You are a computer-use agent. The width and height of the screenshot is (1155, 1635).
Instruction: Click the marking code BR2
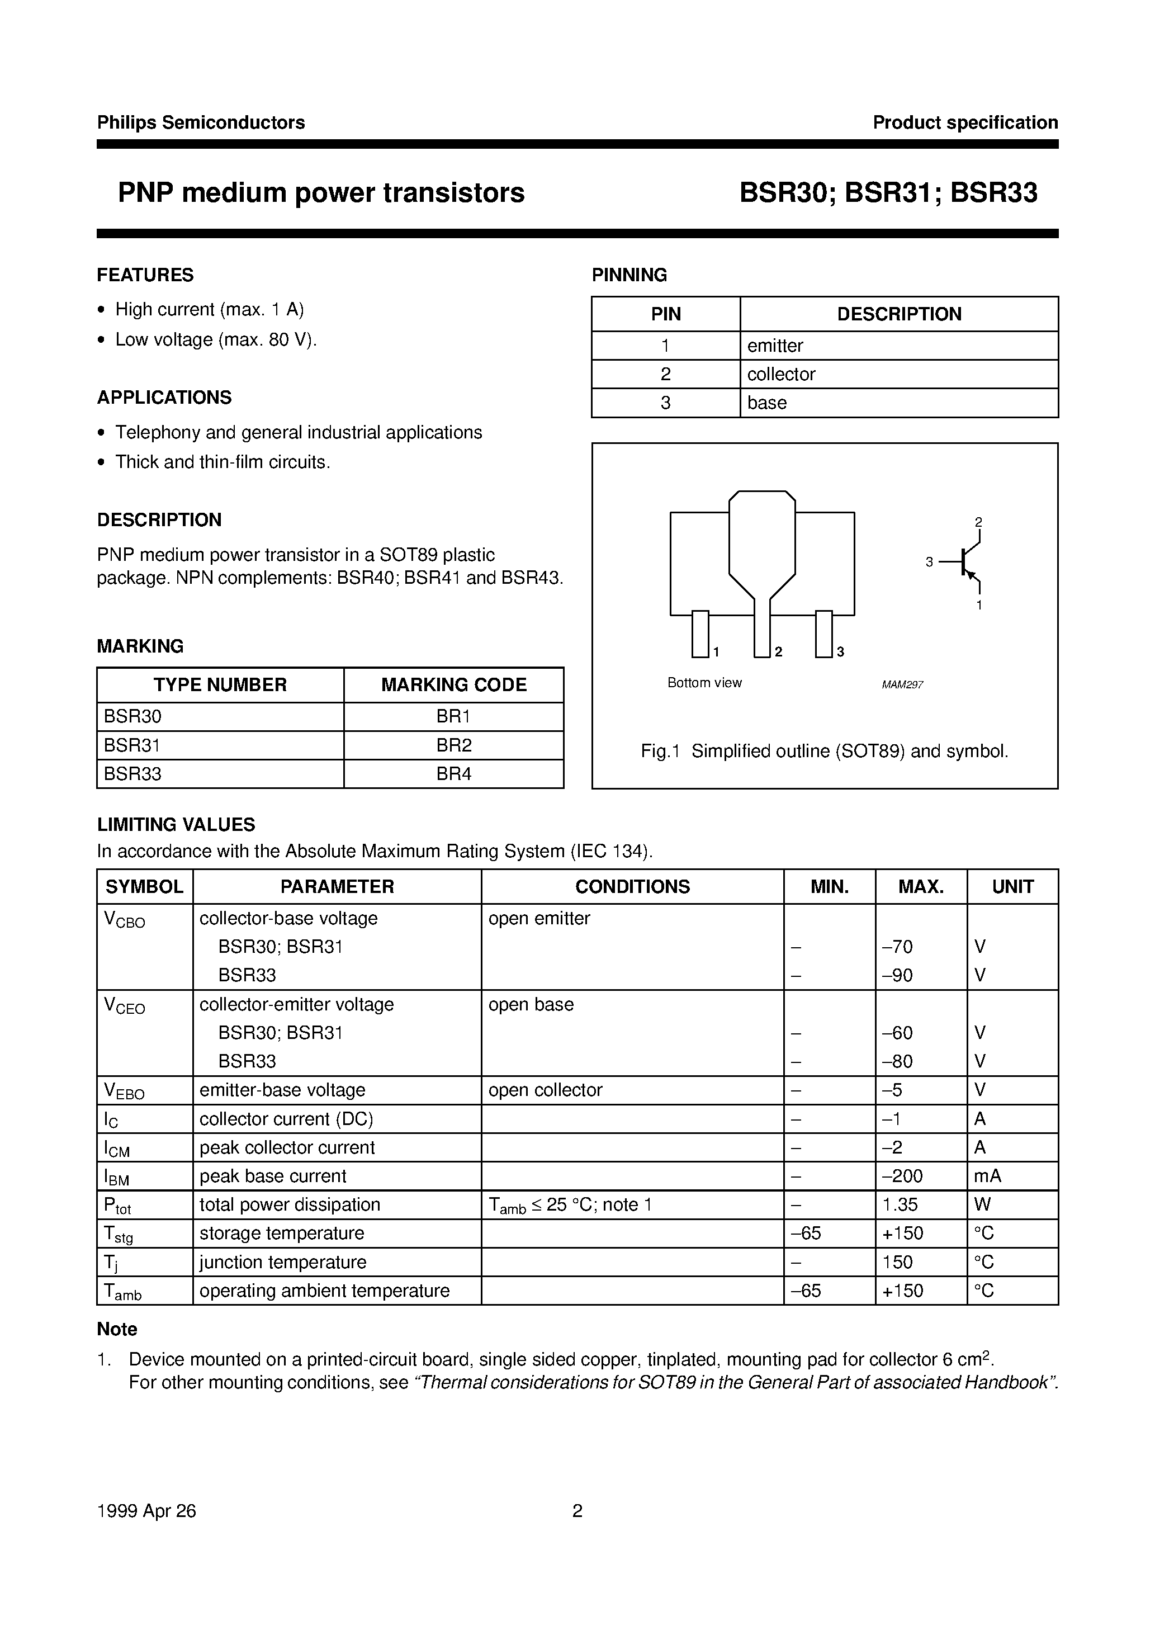453,745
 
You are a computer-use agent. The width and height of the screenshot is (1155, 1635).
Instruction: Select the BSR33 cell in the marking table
132,773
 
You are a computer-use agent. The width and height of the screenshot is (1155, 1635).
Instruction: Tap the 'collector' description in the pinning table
781,374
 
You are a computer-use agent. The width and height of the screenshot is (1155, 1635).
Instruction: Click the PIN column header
665,314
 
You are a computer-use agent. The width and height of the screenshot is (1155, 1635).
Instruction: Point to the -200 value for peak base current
902,1176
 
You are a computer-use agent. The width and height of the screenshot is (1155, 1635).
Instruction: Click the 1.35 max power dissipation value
900,1204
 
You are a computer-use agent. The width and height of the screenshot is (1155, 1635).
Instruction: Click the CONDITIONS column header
632,887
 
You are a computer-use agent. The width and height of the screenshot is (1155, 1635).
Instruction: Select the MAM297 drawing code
902,684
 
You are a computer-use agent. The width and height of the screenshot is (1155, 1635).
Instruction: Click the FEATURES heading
145,275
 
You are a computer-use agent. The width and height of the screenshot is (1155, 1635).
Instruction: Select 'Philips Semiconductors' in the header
201,122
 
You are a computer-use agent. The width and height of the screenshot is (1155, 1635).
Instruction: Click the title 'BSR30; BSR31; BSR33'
887,193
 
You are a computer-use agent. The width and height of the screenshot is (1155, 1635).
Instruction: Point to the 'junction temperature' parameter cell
283,1262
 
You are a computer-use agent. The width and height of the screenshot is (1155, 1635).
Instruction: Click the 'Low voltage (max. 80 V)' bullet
215,339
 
